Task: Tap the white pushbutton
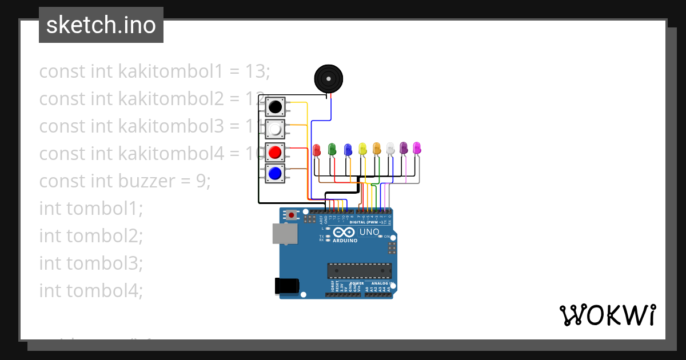[x=275, y=130]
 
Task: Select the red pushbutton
[x=275, y=153]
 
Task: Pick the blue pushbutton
[x=275, y=173]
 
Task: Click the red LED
[x=317, y=150]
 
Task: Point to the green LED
[x=332, y=150]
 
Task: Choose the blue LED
[x=348, y=150]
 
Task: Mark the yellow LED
[x=362, y=149]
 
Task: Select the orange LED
[x=377, y=149]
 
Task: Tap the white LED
[x=390, y=149]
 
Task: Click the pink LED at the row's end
[x=417, y=148]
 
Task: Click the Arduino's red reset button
[x=292, y=215]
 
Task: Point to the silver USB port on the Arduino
[x=282, y=233]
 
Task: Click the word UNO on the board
[x=369, y=232]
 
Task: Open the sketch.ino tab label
[x=101, y=25]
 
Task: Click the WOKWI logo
[x=607, y=315]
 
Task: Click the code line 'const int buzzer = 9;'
[x=125, y=181]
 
